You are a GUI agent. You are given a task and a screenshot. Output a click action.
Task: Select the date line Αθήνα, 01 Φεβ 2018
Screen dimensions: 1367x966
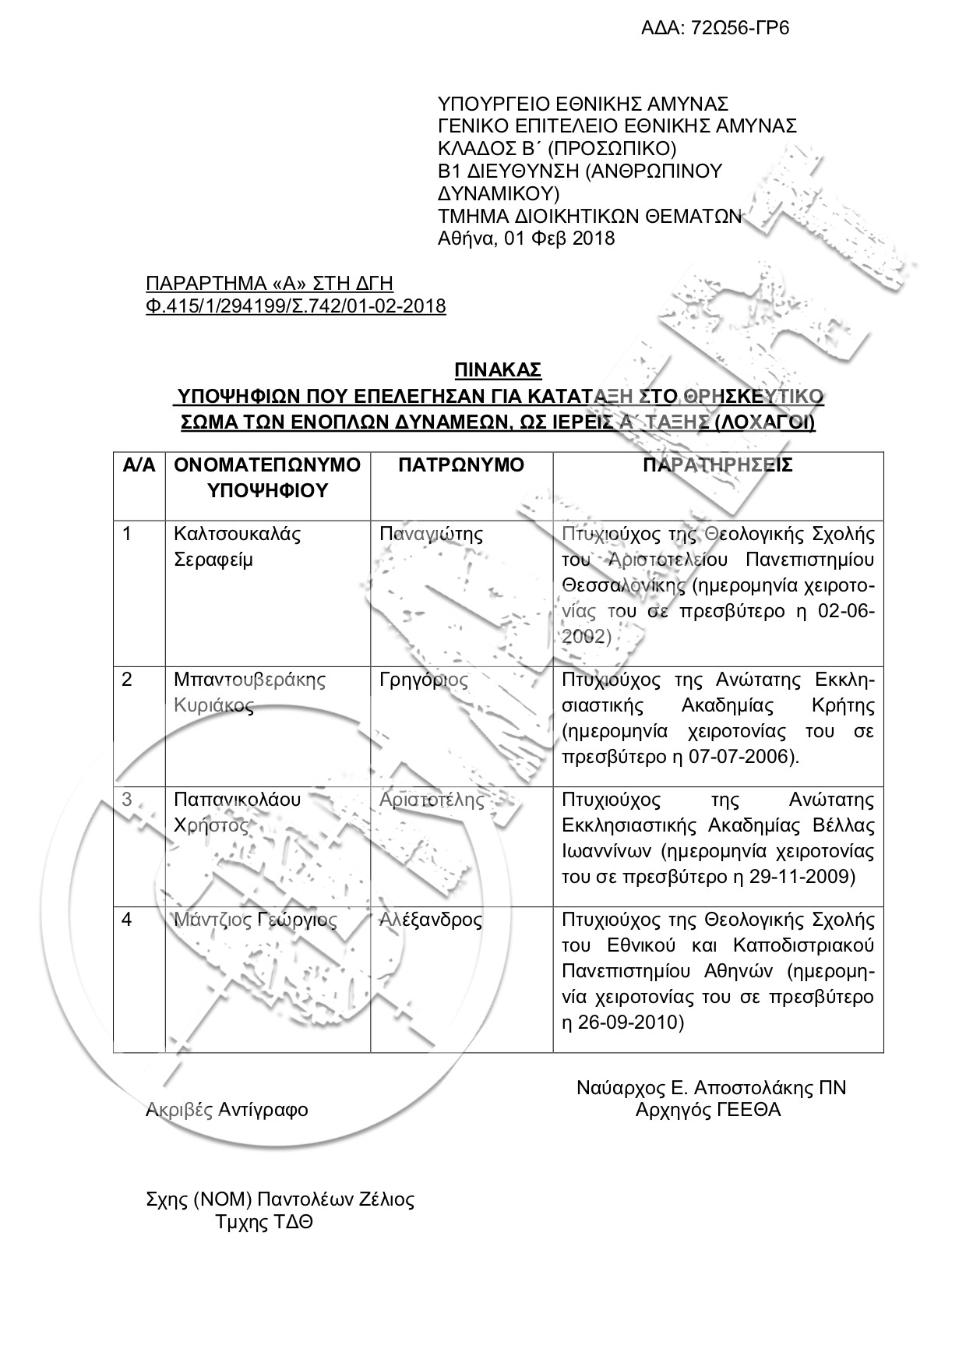pos(527,238)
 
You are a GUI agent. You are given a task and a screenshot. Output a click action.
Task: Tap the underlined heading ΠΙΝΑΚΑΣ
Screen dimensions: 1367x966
pos(499,369)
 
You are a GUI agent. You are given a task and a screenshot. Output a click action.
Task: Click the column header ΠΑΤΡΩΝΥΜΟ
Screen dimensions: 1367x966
pos(461,466)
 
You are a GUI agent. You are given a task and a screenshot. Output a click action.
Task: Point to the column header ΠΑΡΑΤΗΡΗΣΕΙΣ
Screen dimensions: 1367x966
pos(717,466)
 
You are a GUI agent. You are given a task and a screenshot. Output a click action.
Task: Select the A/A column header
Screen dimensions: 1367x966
pos(139,466)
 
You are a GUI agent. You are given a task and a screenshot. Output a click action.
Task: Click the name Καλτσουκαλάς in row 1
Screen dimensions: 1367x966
pos(237,535)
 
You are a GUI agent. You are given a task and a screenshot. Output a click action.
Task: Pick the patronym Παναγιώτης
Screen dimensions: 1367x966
pos(431,535)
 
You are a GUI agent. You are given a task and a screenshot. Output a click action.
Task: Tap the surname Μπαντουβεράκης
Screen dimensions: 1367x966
pos(249,680)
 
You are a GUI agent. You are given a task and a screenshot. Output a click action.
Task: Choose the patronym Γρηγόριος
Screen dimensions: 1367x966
pos(424,680)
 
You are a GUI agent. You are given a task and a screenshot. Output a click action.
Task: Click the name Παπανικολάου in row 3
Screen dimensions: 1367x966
pos(237,800)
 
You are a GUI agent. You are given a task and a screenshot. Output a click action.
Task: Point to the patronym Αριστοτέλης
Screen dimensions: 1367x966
pos(432,800)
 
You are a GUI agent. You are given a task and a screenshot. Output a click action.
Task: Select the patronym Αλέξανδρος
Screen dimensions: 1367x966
pos(431,920)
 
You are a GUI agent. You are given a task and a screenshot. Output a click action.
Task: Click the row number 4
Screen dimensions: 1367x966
pos(128,920)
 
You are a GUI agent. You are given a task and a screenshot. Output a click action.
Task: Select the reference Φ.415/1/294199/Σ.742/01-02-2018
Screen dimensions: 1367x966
pos(296,306)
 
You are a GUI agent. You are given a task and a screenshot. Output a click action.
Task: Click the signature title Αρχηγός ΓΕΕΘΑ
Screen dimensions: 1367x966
pos(708,1110)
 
